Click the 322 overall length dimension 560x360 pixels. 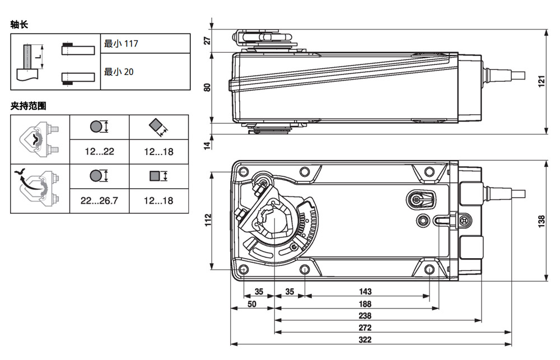tap(365, 340)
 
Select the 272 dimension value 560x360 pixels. tap(365, 328)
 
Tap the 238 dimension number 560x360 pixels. tap(365, 316)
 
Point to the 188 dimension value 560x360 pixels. tap(365, 305)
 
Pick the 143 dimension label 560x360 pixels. tap(365, 292)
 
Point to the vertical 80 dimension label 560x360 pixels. tap(207, 87)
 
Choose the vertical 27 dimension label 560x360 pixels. tap(207, 40)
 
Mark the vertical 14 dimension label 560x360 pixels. tap(207, 145)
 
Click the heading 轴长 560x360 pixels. tap(19, 25)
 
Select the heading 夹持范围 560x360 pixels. tap(27, 105)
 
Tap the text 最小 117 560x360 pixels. tap(121, 44)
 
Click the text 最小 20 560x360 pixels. tap(119, 72)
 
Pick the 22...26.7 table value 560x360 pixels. tap(99, 200)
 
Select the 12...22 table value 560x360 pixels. tap(99, 152)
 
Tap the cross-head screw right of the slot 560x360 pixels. tap(464, 221)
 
